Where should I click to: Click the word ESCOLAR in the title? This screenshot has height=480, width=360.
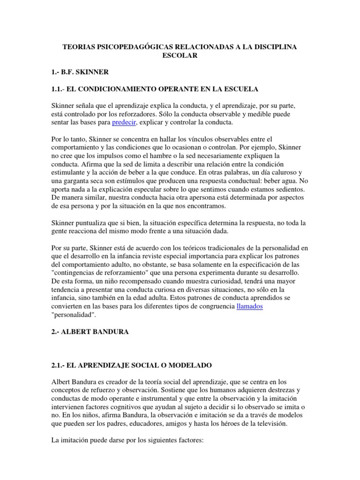180,56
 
